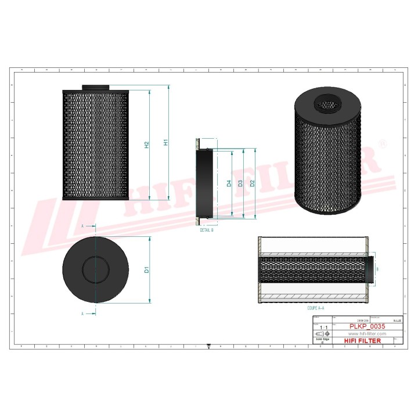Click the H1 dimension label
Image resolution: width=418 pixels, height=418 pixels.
coord(165,142)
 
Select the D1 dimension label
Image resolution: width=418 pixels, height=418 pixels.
coord(147,269)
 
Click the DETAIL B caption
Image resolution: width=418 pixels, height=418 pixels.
coord(207,230)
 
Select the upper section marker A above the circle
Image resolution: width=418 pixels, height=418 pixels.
coord(82,225)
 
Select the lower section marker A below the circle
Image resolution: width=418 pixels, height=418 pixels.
coord(82,313)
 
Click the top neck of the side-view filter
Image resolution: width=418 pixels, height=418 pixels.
coord(95,88)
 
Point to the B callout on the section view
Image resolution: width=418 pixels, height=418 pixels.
coord(377,269)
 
